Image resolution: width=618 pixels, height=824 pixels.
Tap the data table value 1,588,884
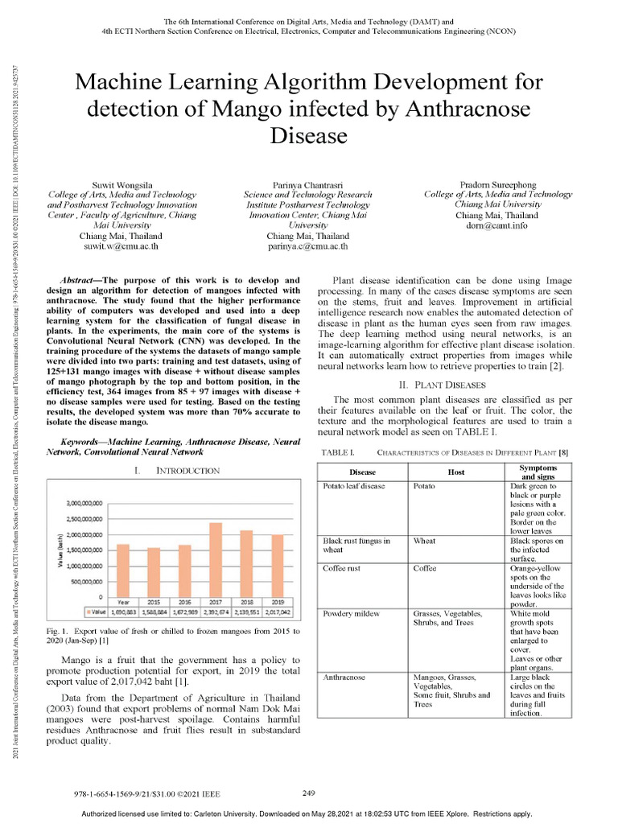154,612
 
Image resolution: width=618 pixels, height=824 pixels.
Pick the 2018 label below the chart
246,601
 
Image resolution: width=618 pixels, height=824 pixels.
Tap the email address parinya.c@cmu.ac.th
308,247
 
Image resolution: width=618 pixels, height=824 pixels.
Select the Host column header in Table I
455,472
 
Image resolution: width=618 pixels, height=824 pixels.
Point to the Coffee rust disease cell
341,568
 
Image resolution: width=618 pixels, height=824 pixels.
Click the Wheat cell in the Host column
424,542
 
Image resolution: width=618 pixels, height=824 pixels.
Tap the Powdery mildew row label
350,613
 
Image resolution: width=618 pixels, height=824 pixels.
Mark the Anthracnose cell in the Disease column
345,678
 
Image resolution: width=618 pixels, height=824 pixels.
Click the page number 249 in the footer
309,793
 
